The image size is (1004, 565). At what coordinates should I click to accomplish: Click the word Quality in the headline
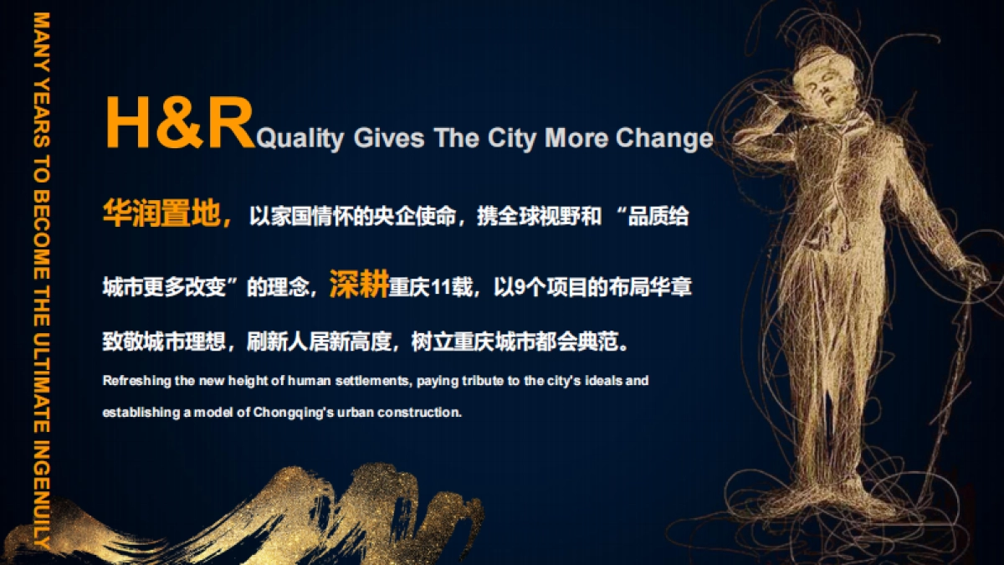click(300, 137)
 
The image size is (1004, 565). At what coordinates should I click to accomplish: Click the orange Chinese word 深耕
click(358, 285)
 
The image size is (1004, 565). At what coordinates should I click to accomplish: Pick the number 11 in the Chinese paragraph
click(440, 288)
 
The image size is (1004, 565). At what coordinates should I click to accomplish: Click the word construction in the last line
click(424, 413)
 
